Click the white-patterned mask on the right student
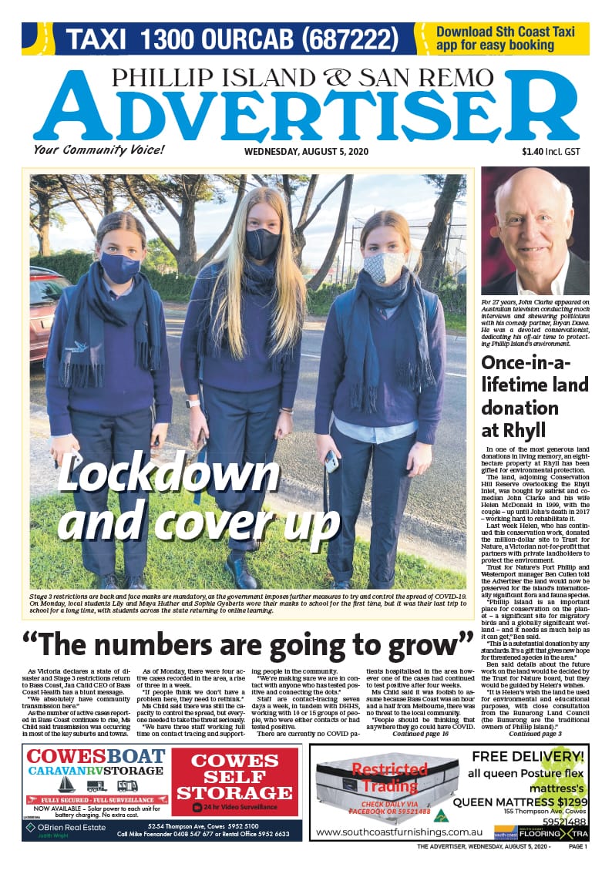click(383, 267)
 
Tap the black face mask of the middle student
click(264, 243)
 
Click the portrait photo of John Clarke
click(534, 230)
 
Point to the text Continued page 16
click(421, 734)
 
